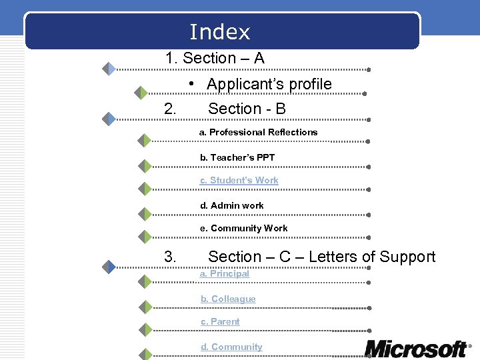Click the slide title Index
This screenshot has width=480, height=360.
220,32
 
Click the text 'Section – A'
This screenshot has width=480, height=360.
223,58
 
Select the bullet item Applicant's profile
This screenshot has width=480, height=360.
269,84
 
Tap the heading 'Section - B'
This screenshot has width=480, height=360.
247,108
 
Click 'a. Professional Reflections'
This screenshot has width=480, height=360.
259,132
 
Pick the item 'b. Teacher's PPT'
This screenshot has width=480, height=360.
237,157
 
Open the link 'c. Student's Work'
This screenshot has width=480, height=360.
239,180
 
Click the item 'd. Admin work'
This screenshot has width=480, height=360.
232,205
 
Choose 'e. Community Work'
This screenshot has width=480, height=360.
244,228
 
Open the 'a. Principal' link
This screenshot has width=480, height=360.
225,273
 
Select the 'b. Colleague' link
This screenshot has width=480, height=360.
228,299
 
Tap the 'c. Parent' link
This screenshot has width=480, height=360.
220,321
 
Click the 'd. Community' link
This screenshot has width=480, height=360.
231,347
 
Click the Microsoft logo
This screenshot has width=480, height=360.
417,348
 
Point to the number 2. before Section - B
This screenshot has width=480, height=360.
170,108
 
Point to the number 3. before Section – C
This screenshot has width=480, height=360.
170,257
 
